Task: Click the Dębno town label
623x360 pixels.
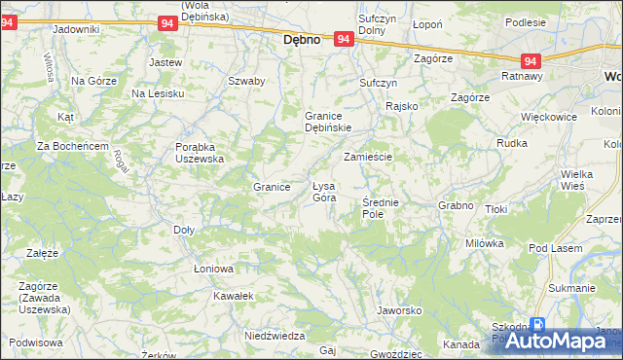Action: coord(302,41)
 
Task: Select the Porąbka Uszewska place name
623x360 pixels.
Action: coord(200,152)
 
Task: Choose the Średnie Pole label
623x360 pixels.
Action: coord(380,206)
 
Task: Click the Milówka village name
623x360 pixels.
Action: coord(484,243)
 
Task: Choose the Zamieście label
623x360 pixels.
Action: coord(367,156)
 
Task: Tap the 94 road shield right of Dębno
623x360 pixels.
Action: coord(343,39)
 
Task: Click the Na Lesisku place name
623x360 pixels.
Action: coord(159,92)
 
